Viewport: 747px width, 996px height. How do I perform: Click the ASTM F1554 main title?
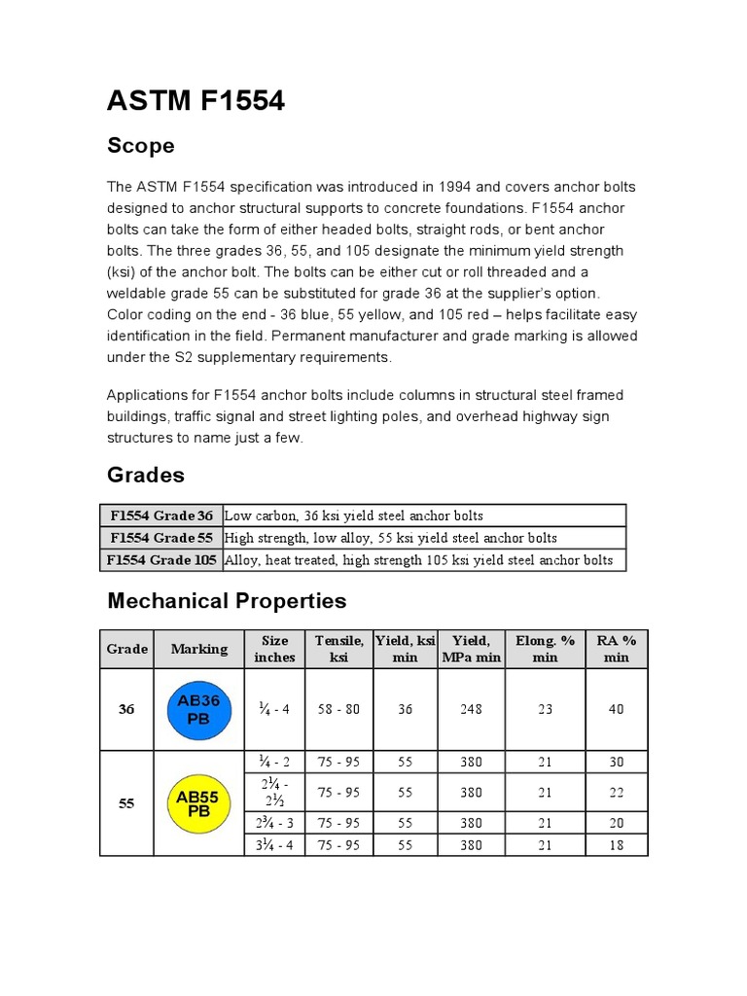tap(196, 99)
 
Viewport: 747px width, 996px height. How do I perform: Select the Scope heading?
tap(140, 146)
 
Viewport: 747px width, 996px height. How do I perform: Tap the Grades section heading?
tap(145, 475)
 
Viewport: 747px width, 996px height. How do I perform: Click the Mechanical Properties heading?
tap(226, 600)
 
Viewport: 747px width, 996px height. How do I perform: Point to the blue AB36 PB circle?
tap(199, 709)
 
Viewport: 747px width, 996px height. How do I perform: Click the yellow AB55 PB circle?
tap(197, 803)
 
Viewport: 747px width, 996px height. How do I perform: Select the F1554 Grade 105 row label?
tap(162, 560)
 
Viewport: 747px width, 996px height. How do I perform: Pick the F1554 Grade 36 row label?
tap(161, 516)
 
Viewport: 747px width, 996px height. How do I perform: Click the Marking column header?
tap(199, 649)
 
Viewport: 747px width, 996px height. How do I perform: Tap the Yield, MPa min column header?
tap(471, 649)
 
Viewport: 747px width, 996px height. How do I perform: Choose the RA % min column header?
tap(616, 649)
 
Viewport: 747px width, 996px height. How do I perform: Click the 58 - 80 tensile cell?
tap(338, 709)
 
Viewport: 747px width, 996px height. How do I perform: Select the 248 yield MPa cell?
tap(471, 709)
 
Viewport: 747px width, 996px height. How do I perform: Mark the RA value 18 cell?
tap(616, 845)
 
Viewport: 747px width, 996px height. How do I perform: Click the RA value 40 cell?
tap(616, 709)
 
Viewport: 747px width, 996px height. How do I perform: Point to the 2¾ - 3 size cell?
tap(274, 823)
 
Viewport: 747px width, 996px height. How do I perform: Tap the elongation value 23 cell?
tap(545, 709)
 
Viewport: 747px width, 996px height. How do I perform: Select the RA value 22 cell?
tap(616, 793)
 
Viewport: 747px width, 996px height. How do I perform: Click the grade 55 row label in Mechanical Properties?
tap(126, 803)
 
